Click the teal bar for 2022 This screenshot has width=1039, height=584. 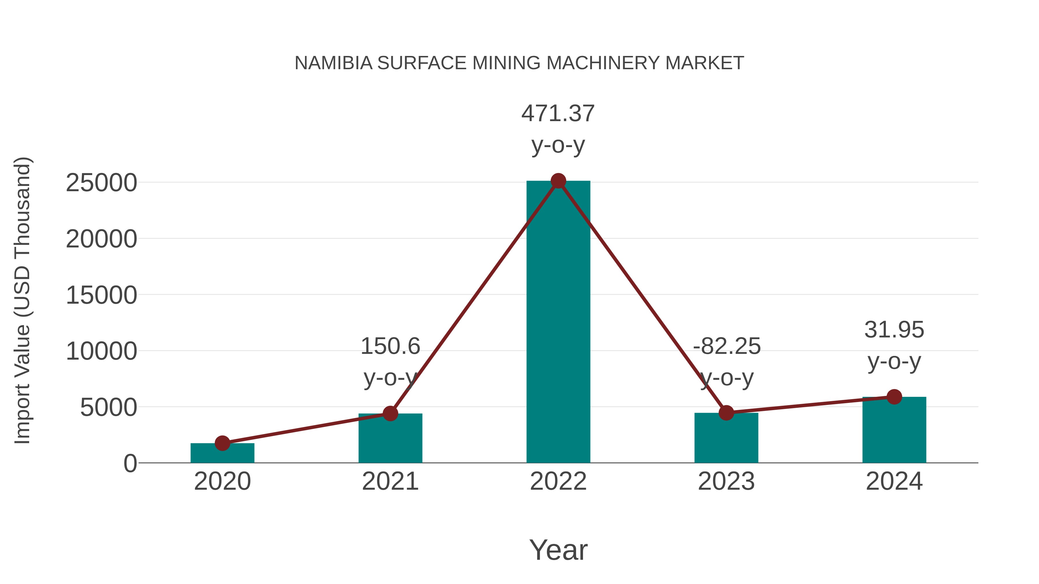click(558, 322)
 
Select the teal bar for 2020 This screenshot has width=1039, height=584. click(222, 453)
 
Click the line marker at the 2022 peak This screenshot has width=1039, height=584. click(558, 181)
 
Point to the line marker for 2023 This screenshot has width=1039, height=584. click(726, 413)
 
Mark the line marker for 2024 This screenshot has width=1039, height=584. click(894, 397)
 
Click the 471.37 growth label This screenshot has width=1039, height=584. click(558, 114)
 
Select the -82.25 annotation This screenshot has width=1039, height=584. click(727, 347)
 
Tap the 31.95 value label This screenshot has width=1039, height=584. click(894, 330)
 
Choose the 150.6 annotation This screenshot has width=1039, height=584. click(390, 347)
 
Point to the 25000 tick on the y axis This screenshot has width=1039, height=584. click(101, 183)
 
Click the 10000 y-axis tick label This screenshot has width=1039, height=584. click(101, 352)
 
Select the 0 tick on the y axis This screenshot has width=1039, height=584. click(130, 463)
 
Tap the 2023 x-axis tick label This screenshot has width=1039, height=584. click(726, 482)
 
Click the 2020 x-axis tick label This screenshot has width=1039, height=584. click(222, 482)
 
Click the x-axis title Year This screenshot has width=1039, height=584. click(558, 550)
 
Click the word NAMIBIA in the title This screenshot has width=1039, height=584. click(333, 63)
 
